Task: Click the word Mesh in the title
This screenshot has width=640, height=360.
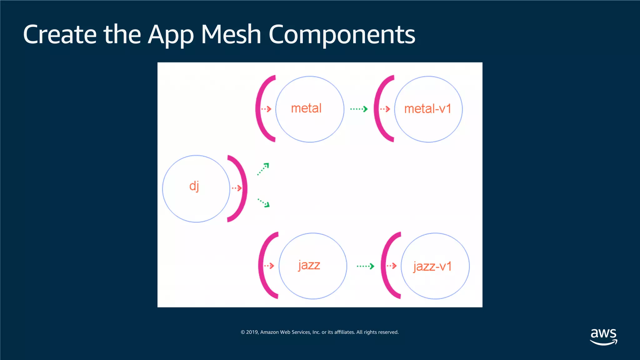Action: coord(231,34)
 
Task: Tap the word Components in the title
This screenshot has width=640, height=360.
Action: coord(342,34)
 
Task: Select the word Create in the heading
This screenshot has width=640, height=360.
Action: coord(60,34)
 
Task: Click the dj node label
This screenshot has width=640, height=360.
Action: coord(194,186)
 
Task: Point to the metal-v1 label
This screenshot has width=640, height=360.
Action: coord(428,109)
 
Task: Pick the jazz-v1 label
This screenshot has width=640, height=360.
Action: coord(432,266)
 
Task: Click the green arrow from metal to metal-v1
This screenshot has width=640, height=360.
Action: coord(359,109)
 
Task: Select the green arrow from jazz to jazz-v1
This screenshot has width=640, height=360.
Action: coord(365,266)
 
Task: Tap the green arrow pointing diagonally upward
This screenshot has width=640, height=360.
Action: coord(263,169)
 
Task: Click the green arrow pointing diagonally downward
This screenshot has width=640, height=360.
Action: coord(264,202)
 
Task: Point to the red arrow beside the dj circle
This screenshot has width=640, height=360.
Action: coord(237,188)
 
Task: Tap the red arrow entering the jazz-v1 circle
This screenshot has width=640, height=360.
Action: coord(392,266)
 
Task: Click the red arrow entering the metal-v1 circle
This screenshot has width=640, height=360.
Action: coord(385,109)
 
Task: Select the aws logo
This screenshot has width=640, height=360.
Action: coord(603,336)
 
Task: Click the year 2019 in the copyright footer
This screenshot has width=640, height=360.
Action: coord(252,332)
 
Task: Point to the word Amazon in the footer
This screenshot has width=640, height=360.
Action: coord(269,332)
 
